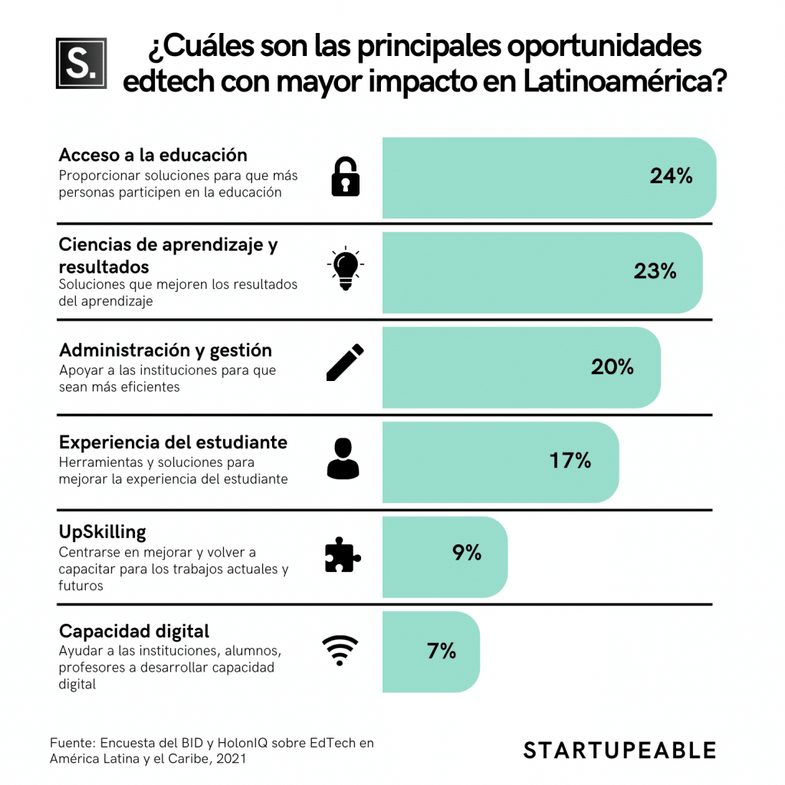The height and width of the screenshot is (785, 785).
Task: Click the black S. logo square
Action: [x=81, y=62]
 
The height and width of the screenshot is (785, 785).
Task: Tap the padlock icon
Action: [x=345, y=176]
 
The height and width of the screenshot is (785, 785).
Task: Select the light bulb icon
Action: [x=345, y=269]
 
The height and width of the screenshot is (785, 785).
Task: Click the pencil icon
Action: [x=345, y=363]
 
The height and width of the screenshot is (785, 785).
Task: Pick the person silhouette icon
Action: [x=343, y=458]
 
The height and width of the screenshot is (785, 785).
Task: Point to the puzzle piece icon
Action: [x=343, y=554]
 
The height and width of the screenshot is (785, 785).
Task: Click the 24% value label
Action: [x=671, y=176]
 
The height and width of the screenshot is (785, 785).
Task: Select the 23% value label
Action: [x=655, y=271]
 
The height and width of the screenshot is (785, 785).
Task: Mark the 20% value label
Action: [x=612, y=367]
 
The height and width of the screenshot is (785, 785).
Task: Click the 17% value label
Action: [x=570, y=461]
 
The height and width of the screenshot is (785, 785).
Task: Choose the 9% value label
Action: [x=466, y=553]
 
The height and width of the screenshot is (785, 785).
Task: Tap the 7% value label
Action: [x=442, y=652]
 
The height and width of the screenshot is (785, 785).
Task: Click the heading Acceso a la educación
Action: [x=153, y=155]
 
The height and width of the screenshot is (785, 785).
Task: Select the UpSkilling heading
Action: [x=102, y=532]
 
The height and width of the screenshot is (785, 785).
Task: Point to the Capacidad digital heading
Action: [x=133, y=632]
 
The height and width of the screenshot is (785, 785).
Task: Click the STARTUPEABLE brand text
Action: [x=619, y=750]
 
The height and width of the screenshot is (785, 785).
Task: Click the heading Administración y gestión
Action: [x=165, y=350]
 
